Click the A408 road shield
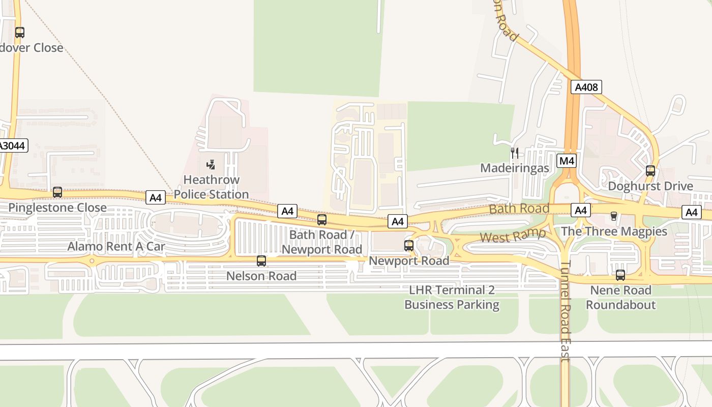point(585,87)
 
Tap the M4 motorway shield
point(567,161)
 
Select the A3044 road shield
point(12,146)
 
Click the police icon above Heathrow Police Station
point(211,164)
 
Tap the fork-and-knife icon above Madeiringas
point(515,153)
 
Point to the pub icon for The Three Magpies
point(614,216)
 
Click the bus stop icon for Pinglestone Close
point(57,192)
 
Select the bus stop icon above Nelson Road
point(261,261)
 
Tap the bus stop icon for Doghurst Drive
point(650,171)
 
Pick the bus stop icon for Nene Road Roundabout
point(620,275)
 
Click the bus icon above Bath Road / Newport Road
point(322,220)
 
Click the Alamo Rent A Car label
point(116,247)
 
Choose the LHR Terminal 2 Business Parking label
point(452,298)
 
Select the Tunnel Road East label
point(565,311)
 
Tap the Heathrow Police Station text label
point(211,187)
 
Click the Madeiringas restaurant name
point(515,168)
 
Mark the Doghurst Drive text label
point(650,186)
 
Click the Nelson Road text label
point(261,276)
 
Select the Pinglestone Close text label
point(57,208)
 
